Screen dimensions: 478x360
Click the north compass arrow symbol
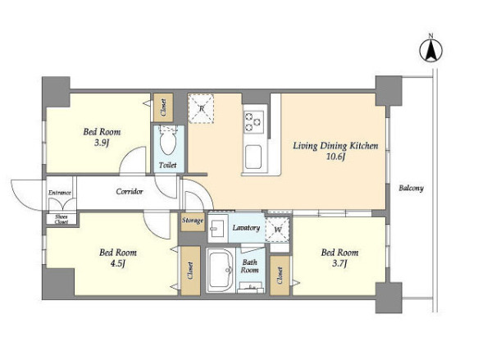pyautogui.click(x=430, y=51)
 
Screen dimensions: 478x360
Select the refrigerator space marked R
pyautogui.click(x=201, y=108)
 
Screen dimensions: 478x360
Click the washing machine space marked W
pyautogui.click(x=277, y=230)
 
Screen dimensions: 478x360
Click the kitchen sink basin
pyautogui.click(x=253, y=157)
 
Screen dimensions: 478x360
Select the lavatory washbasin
pyautogui.click(x=217, y=228)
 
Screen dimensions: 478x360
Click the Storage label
pyautogui.click(x=193, y=220)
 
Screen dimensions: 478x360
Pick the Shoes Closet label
pyautogui.click(x=61, y=219)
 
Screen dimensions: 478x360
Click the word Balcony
pyautogui.click(x=412, y=188)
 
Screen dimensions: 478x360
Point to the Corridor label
pyautogui.click(x=130, y=192)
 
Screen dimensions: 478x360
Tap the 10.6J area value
pyautogui.click(x=335, y=157)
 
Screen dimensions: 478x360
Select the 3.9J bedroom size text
pyautogui.click(x=102, y=144)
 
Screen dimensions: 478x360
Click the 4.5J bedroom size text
pyautogui.click(x=118, y=264)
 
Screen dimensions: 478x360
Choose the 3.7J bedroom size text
pyautogui.click(x=339, y=264)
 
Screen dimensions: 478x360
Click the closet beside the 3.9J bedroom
pyautogui.click(x=163, y=107)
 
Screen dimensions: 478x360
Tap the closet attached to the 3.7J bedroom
pyautogui.click(x=280, y=276)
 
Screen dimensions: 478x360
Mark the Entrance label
pyautogui.click(x=60, y=193)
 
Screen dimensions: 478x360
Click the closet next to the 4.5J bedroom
pyautogui.click(x=190, y=271)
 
